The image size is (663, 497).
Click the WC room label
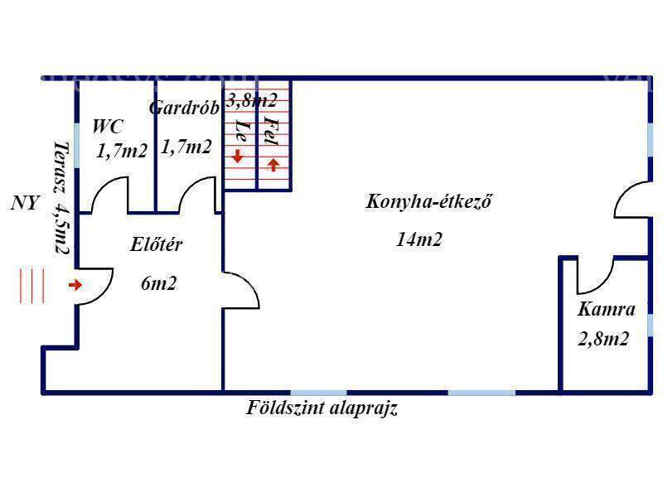click(x=108, y=127)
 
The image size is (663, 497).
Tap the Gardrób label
click(x=184, y=108)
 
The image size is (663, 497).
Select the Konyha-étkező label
click(x=428, y=201)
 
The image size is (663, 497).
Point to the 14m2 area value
click(x=419, y=239)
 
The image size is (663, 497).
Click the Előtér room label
click(x=156, y=244)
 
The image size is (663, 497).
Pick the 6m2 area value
click(x=158, y=283)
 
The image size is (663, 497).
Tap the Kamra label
click(x=606, y=309)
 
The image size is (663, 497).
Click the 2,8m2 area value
click(x=603, y=339)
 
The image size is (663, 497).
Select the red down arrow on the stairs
click(x=238, y=157)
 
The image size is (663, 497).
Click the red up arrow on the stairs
click(x=273, y=164)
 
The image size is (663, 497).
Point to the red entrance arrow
click(x=75, y=285)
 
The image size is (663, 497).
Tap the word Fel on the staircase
click(x=272, y=131)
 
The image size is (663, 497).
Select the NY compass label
click(x=25, y=203)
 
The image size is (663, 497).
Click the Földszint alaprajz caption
click(x=322, y=408)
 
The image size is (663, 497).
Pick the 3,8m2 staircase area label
click(x=252, y=100)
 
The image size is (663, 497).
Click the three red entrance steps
click(x=32, y=286)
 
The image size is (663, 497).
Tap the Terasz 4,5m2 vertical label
click(x=61, y=198)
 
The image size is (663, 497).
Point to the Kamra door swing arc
click(x=600, y=282)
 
